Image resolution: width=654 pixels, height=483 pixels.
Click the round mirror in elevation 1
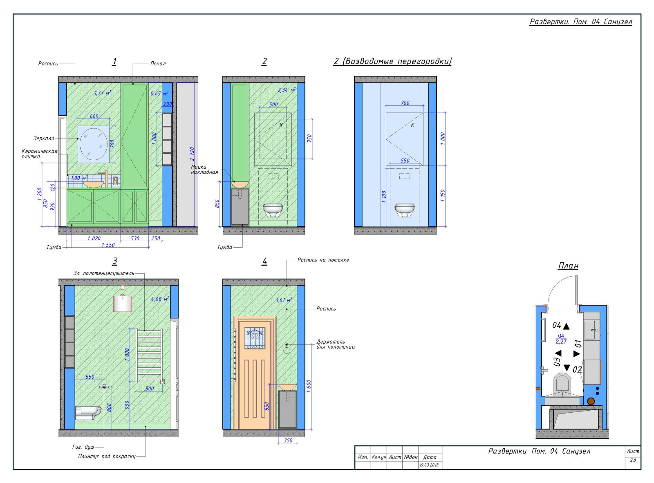point(94,144)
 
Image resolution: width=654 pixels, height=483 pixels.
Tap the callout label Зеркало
point(44,138)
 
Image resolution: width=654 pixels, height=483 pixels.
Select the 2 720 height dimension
point(192,154)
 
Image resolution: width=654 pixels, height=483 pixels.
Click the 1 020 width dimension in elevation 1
point(94,238)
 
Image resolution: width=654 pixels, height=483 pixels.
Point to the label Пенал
point(158,63)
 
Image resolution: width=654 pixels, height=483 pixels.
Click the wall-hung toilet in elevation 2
point(273,210)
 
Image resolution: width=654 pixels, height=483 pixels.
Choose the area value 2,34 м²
point(286,90)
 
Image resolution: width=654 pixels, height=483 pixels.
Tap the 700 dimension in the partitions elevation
point(405,103)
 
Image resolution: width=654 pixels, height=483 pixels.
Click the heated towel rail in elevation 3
point(150,356)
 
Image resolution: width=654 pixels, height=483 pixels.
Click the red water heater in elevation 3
point(122,302)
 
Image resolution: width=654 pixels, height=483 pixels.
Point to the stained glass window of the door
point(255,338)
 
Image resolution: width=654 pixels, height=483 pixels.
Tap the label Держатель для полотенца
point(335,344)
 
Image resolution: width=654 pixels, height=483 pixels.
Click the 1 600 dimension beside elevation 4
point(309,386)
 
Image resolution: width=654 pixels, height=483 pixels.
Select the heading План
point(568,266)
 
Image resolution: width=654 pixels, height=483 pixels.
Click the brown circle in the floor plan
point(591,401)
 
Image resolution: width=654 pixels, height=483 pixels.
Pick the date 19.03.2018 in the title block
point(429,465)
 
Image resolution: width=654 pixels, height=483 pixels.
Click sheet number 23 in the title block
point(633,460)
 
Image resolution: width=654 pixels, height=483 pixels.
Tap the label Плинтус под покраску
point(107,456)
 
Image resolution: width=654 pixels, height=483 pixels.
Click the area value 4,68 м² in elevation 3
point(160,299)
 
